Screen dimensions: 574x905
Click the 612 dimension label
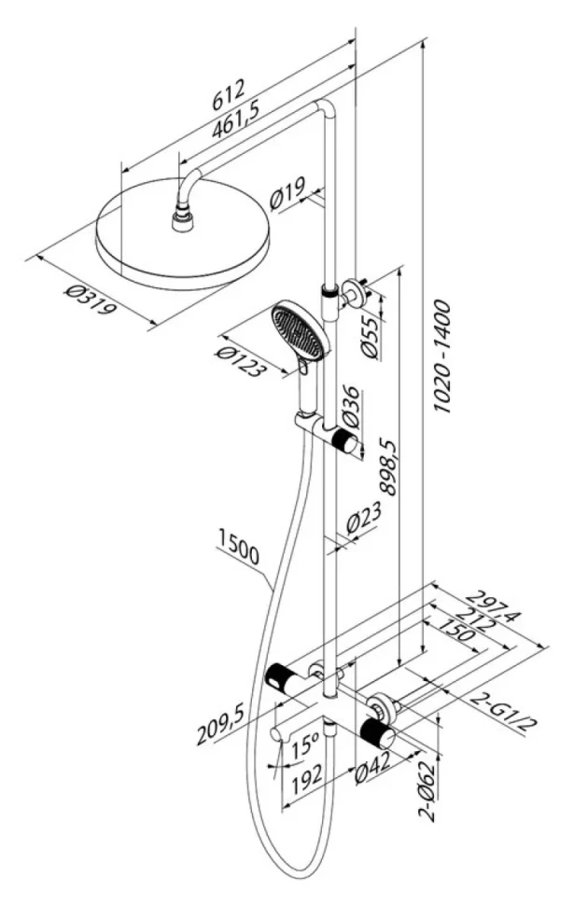coord(229,94)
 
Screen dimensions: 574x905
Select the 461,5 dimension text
coord(235,120)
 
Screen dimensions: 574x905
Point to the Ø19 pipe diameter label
coord(288,194)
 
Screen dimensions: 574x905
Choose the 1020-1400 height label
coord(442,355)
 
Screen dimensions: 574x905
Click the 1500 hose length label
coord(239,546)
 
